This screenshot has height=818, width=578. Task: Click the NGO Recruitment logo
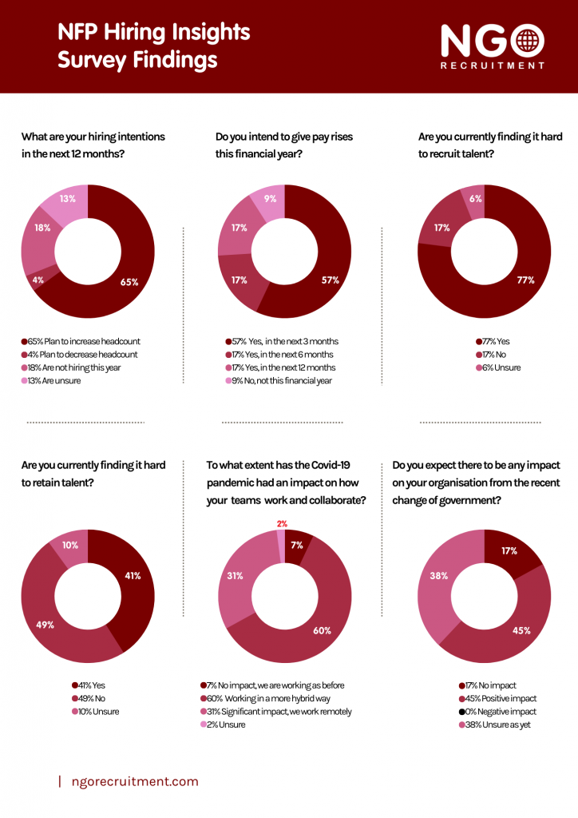pos(493,46)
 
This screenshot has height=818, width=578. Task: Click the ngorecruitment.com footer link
pos(134,781)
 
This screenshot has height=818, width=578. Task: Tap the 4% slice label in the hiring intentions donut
pos(38,280)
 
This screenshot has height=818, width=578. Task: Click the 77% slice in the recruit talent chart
pos(525,280)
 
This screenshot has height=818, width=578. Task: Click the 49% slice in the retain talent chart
pos(46,625)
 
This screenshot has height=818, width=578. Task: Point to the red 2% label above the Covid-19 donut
pos(282,524)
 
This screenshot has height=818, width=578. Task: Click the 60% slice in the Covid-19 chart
pos(322,630)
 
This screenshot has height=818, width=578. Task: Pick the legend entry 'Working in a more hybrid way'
pos(271,698)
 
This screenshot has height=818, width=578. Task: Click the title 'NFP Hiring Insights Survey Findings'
pos(153,46)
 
